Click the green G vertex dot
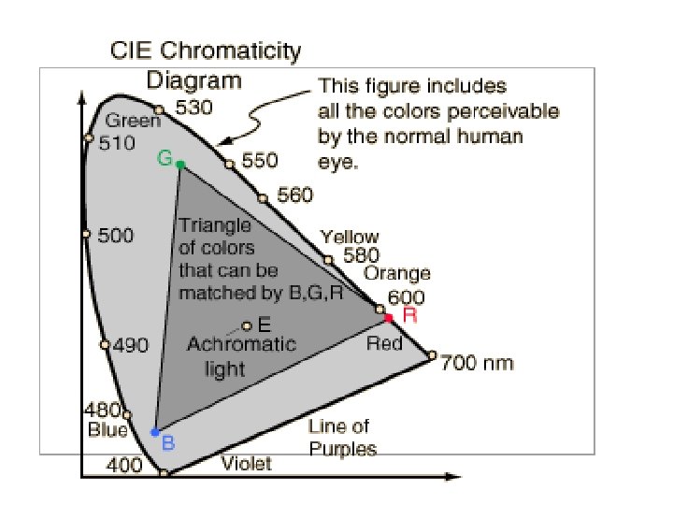pyautogui.click(x=180, y=165)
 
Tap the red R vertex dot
pyautogui.click(x=389, y=319)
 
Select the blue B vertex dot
pyautogui.click(x=155, y=432)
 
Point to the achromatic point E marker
pyautogui.click(x=247, y=325)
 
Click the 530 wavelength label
pyautogui.click(x=194, y=108)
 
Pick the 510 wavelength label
pyautogui.click(x=117, y=144)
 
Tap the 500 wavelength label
pyautogui.click(x=116, y=236)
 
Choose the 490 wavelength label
pyautogui.click(x=130, y=346)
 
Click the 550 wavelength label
pyautogui.click(x=260, y=161)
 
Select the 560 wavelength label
pyautogui.click(x=295, y=196)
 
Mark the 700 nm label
pyautogui.click(x=477, y=362)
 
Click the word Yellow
pyautogui.click(x=350, y=237)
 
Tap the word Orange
pyautogui.click(x=397, y=274)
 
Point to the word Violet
pyautogui.click(x=246, y=463)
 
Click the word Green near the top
pyautogui.click(x=127, y=121)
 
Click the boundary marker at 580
pyautogui.click(x=328, y=259)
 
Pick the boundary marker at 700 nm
pyautogui.click(x=432, y=354)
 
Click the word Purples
pyautogui.click(x=342, y=449)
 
